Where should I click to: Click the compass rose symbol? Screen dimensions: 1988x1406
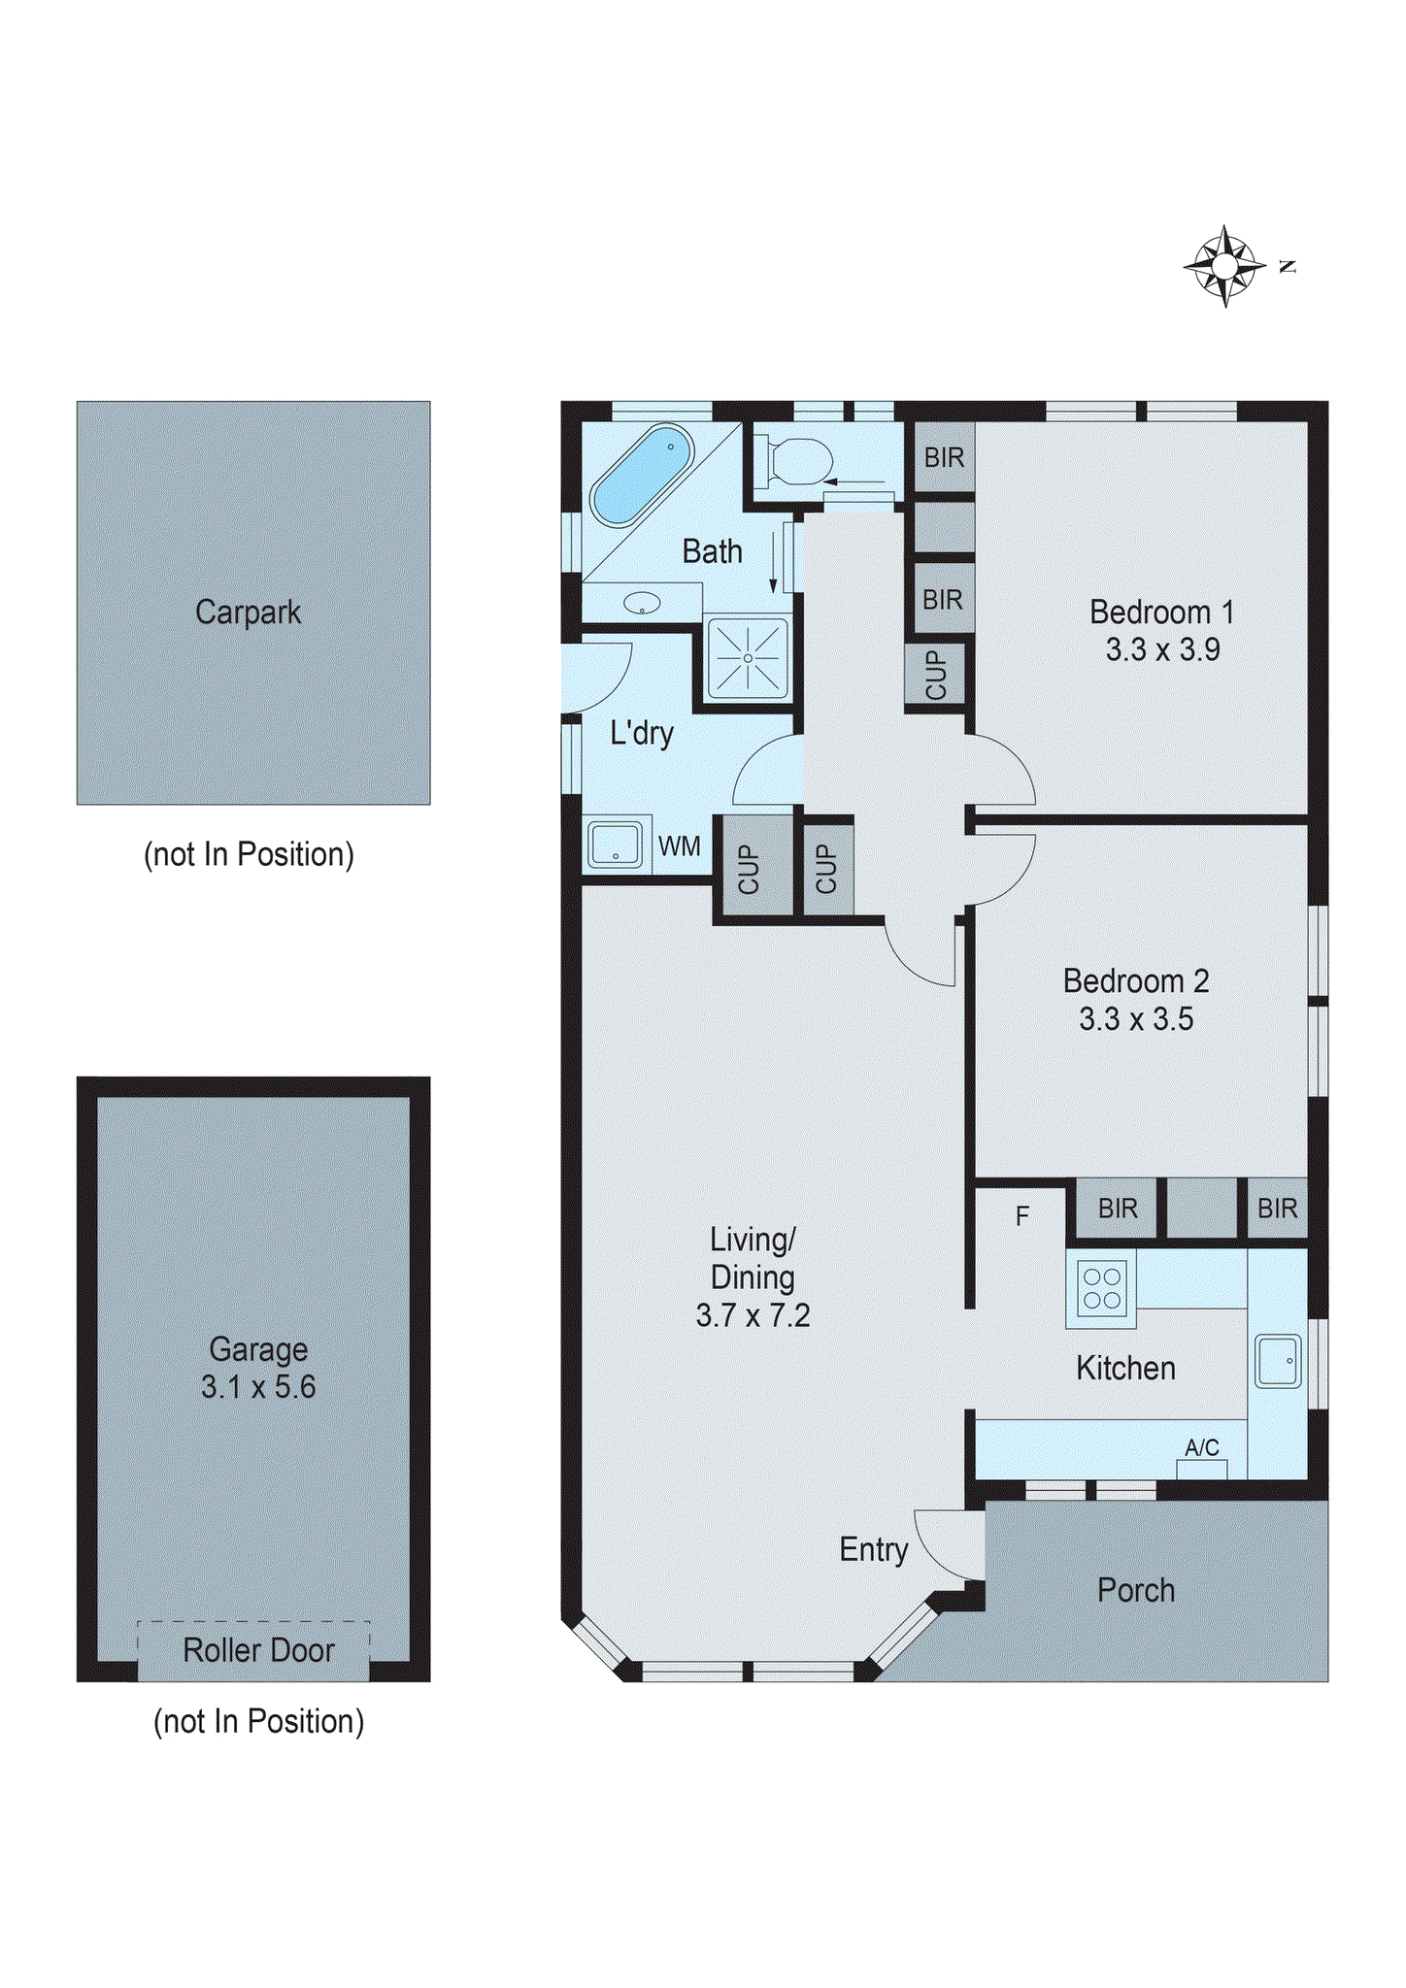[1224, 265]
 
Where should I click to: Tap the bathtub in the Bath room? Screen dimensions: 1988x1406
[642, 475]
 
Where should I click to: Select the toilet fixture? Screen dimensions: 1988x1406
[798, 461]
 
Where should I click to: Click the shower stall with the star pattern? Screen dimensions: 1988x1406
[748, 658]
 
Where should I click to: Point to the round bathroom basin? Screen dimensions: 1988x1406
[642, 604]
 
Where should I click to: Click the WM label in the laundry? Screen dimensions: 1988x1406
[679, 846]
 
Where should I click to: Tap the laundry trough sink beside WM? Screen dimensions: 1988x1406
[615, 844]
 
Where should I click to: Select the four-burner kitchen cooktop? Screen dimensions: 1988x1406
[1101, 1289]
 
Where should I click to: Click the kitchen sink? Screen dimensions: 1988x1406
[1277, 1361]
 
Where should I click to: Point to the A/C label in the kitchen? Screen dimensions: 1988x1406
[1201, 1447]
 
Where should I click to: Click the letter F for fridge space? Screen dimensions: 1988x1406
[1021, 1216]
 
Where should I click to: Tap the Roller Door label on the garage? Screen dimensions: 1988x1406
[258, 1650]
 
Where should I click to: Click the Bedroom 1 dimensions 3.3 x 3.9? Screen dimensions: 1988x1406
[1162, 649]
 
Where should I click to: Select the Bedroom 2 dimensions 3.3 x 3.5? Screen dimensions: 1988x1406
[1136, 1019]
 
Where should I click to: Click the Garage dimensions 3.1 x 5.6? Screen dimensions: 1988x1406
[258, 1387]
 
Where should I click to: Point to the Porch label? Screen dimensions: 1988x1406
[1136, 1590]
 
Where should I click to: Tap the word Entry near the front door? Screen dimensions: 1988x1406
[873, 1550]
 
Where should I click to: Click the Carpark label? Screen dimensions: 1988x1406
[248, 613]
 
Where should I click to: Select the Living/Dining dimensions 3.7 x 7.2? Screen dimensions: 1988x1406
[753, 1315]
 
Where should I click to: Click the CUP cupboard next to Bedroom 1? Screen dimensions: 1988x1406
[935, 674]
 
